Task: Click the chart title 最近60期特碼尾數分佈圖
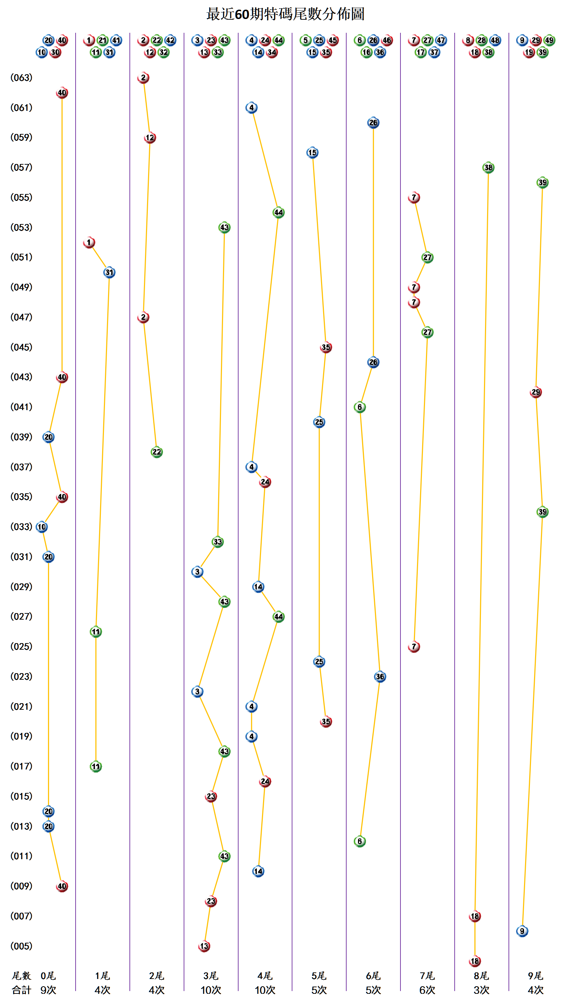tap(285, 14)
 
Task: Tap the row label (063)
tap(21, 78)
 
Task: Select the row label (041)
tap(21, 407)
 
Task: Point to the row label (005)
tap(21, 946)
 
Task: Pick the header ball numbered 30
tap(55, 52)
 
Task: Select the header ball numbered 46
tap(387, 40)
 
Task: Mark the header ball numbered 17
tap(420, 52)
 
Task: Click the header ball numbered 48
tap(495, 40)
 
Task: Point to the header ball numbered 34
tap(272, 52)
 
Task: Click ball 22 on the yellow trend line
tap(156, 452)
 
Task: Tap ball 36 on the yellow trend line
tap(380, 677)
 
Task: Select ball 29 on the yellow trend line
tap(535, 392)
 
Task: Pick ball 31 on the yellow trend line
tap(109, 272)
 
